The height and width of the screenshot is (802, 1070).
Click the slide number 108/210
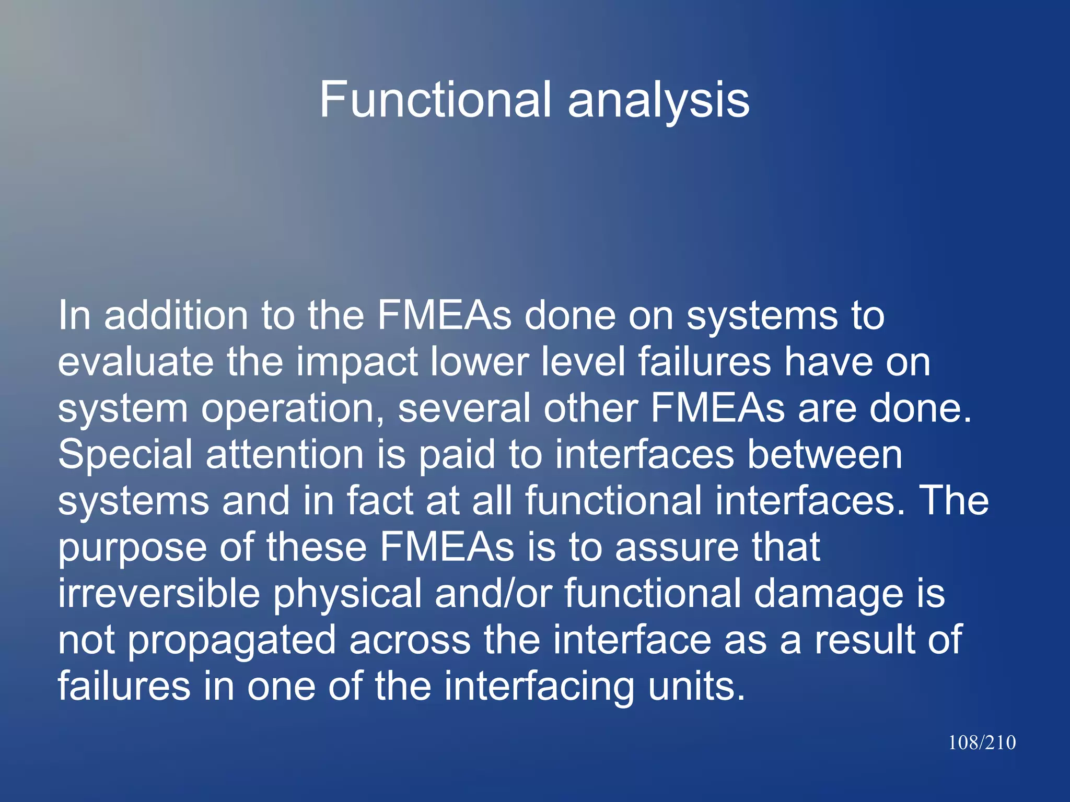982,742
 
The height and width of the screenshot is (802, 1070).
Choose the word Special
125,454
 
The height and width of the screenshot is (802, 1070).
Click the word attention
285,454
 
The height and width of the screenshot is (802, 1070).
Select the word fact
380,500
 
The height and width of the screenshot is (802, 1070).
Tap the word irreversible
159,593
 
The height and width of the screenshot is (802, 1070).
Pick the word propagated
231,640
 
